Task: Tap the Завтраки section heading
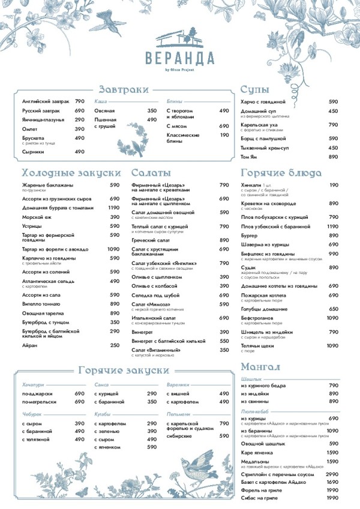coord(124,89)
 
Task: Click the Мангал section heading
coord(262,366)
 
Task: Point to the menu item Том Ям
coord(250,156)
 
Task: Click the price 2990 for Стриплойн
coord(332,474)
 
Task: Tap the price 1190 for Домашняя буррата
coord(114,208)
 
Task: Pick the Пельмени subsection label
coord(178,414)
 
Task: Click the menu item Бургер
coord(249,236)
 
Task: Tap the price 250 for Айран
coord(115,345)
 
